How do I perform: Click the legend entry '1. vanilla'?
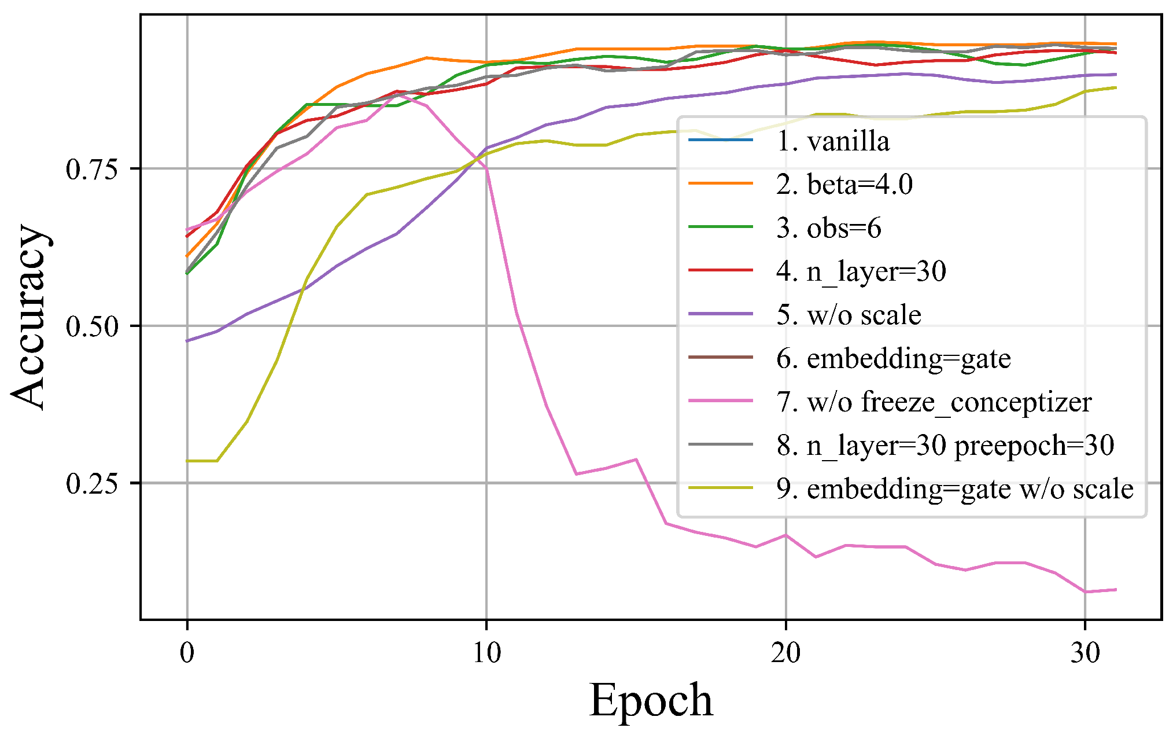[x=832, y=141]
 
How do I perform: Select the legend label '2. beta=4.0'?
[x=844, y=185]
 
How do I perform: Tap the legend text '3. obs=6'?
[x=828, y=228]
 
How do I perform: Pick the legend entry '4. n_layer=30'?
[x=861, y=271]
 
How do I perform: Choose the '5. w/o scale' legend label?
[x=849, y=315]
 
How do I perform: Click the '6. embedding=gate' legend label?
[x=893, y=358]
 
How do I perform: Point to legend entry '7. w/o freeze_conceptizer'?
[x=934, y=402]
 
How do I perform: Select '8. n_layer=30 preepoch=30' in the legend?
[x=945, y=445]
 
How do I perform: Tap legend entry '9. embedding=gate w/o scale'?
[x=954, y=489]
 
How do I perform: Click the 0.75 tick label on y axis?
[x=92, y=170]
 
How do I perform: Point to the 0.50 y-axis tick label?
[x=92, y=326]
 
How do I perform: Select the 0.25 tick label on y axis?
[x=92, y=483]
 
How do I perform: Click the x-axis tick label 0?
[x=187, y=653]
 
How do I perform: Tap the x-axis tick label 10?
[x=486, y=653]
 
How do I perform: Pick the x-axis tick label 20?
[x=785, y=653]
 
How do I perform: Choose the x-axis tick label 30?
[x=1085, y=653]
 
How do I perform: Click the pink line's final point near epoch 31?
[x=1115, y=590]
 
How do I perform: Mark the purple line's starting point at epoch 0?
[x=187, y=341]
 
